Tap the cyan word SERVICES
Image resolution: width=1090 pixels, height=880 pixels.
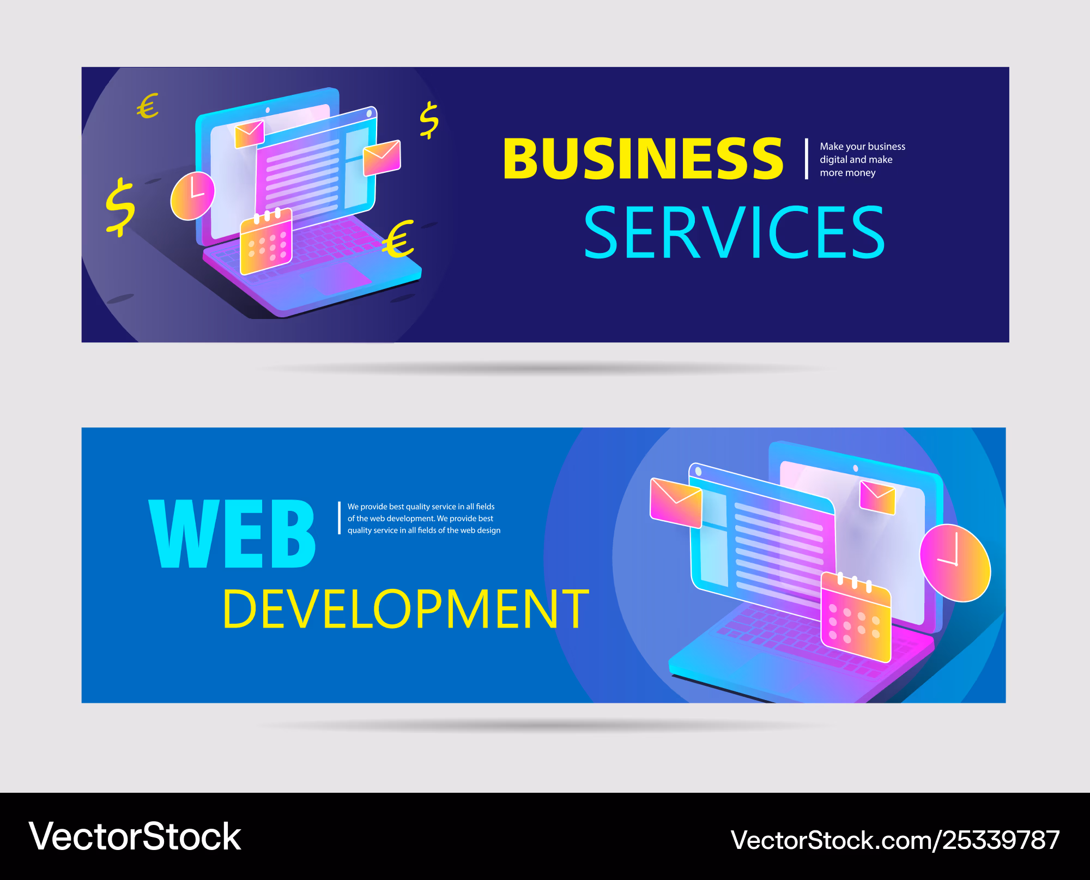click(734, 232)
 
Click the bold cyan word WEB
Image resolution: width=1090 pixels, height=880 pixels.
click(232, 534)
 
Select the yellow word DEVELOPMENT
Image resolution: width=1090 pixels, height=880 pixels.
click(406, 608)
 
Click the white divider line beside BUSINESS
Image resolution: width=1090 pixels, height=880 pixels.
click(806, 159)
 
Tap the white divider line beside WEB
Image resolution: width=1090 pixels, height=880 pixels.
click(339, 518)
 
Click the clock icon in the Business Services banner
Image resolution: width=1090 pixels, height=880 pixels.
click(192, 196)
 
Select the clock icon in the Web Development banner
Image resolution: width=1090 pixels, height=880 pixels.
click(955, 563)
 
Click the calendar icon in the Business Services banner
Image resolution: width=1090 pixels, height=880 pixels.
click(266, 241)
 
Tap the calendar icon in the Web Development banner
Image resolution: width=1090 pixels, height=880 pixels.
click(856, 617)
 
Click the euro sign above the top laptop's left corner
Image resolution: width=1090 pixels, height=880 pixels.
click(148, 106)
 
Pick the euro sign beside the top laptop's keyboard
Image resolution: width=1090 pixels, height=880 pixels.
click(398, 239)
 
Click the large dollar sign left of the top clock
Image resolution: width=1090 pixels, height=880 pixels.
click(120, 207)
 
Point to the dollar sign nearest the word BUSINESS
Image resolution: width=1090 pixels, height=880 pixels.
click(429, 120)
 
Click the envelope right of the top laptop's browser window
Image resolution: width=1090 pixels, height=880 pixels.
click(382, 158)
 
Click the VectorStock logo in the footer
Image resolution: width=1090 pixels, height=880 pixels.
click(135, 836)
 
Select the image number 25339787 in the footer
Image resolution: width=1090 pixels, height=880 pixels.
click(1002, 840)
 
